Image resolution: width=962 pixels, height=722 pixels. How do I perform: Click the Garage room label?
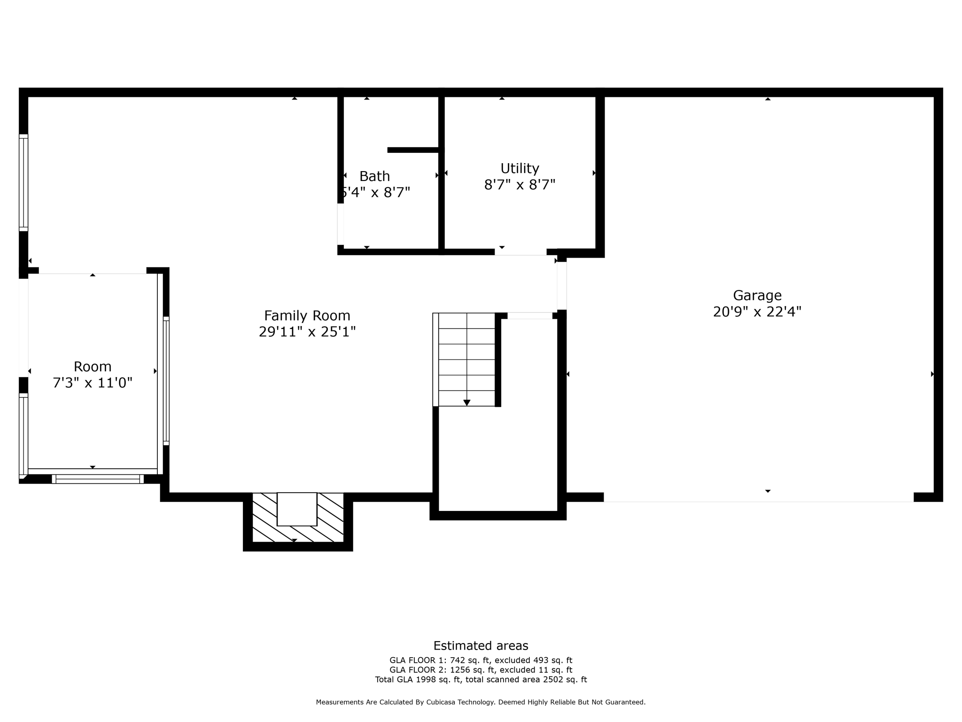tap(757, 295)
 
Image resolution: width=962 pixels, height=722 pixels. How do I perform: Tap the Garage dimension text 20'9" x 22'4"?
tap(757, 312)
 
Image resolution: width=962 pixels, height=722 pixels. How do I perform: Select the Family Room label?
tap(307, 315)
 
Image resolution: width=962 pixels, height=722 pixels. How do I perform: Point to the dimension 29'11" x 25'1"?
tap(307, 332)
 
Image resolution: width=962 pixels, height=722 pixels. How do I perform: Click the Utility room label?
tap(520, 168)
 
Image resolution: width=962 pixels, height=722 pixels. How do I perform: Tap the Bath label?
tap(374, 176)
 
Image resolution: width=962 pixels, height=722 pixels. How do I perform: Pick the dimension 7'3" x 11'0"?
tap(93, 383)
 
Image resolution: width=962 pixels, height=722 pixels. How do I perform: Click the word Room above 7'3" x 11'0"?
tap(93, 367)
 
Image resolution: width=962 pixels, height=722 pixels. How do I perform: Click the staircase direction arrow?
tap(466, 402)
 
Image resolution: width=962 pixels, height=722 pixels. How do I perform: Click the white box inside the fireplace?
tap(297, 509)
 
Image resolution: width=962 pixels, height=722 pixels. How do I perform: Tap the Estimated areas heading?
tap(481, 645)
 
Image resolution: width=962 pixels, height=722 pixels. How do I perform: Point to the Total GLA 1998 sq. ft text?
tap(419, 680)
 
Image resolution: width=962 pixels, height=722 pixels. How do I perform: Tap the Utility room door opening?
tap(520, 252)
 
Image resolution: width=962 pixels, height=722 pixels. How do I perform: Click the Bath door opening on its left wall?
tap(341, 224)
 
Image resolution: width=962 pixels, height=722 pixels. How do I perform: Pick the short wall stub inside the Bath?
tap(413, 150)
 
